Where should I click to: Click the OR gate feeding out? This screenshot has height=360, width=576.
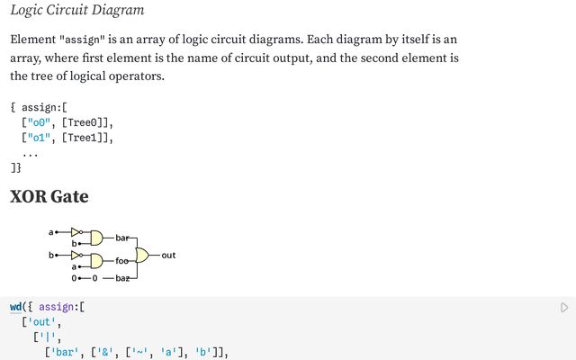[x=142, y=255]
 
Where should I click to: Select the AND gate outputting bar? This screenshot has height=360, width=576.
[x=96, y=238]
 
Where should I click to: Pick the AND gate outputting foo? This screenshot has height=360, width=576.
[x=96, y=261]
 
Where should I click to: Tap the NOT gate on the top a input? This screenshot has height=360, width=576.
[x=76, y=232]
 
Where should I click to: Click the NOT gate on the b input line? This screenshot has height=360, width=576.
[x=76, y=255]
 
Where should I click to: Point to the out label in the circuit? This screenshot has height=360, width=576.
[x=168, y=256]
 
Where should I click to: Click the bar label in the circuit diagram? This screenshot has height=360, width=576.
[x=122, y=238]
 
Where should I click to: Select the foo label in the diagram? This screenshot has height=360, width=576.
[x=122, y=261]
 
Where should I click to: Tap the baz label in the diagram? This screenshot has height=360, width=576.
[x=122, y=278]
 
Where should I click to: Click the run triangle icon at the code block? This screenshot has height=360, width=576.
[x=564, y=308]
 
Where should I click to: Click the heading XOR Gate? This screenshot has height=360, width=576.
[x=49, y=196]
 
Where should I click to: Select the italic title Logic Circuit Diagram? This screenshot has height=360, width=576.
[x=77, y=10]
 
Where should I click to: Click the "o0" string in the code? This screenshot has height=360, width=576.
[x=39, y=122]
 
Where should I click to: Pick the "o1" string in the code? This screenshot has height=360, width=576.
[x=39, y=138]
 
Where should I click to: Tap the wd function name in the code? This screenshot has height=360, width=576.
[x=16, y=307]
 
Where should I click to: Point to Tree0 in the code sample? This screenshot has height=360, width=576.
[x=82, y=122]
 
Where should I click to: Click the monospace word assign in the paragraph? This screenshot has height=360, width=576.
[x=82, y=40]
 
